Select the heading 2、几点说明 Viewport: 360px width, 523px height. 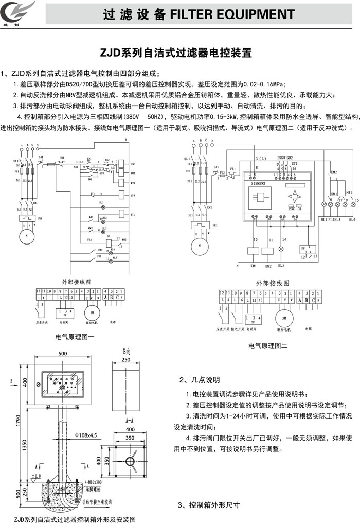[200, 380]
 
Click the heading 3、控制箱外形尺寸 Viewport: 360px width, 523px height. [208, 505]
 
